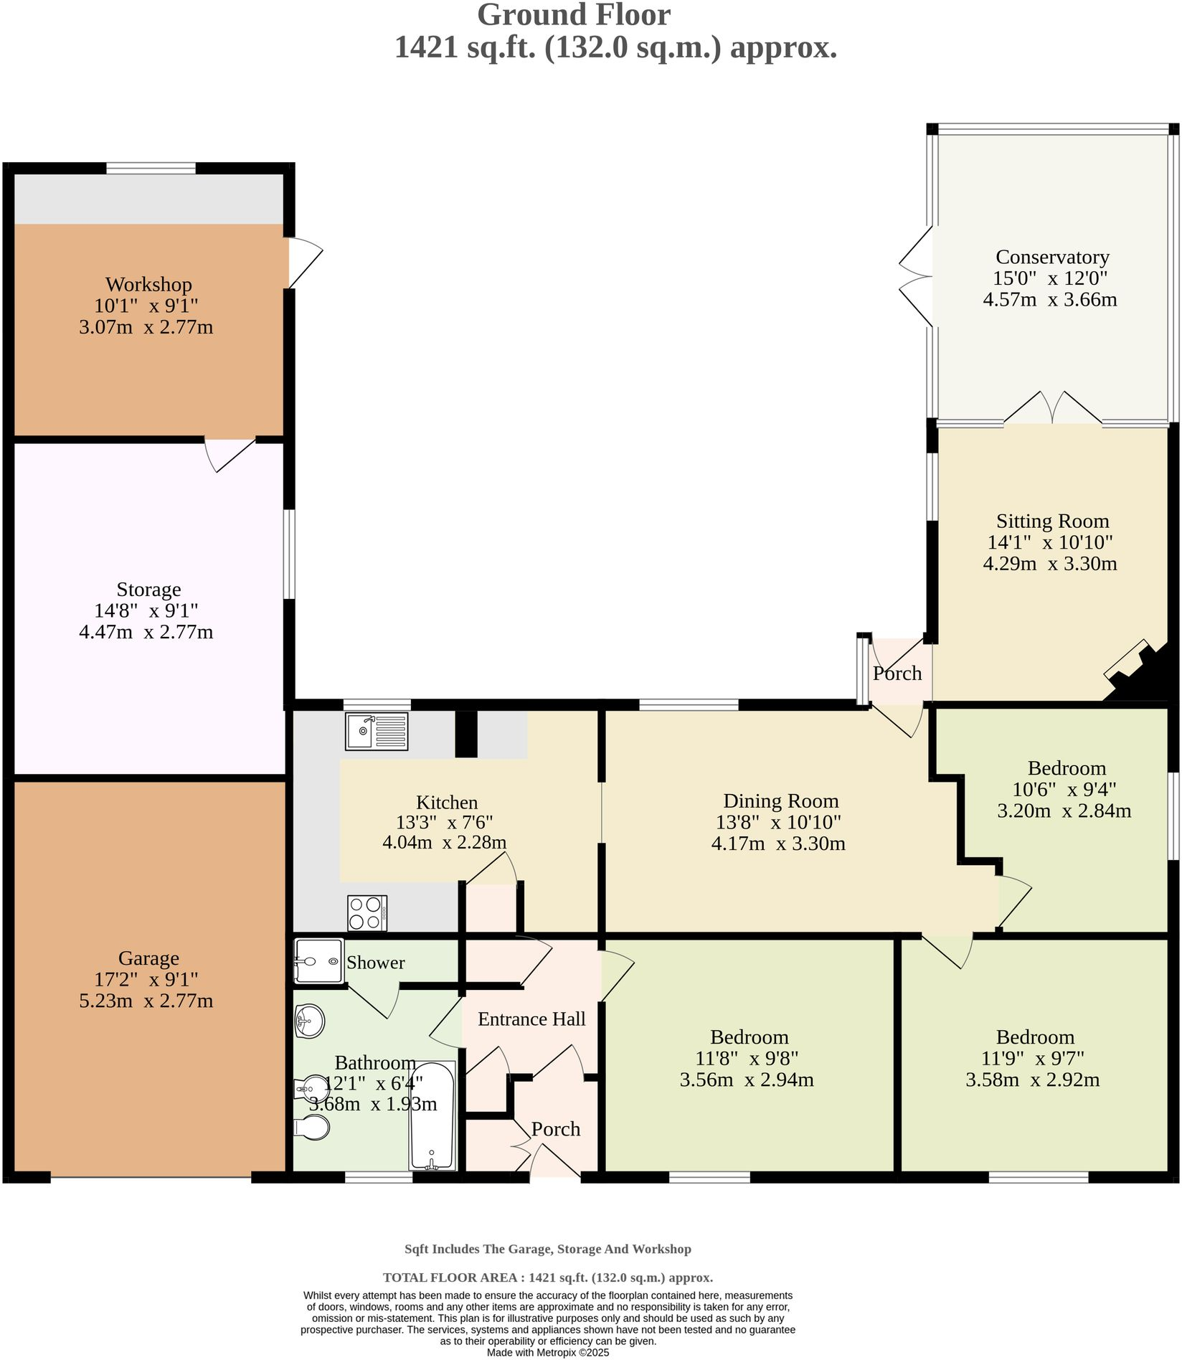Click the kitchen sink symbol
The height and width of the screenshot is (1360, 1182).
[x=377, y=731]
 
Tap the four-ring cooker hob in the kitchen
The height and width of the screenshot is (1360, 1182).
[x=367, y=913]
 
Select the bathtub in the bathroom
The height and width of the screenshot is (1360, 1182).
[x=432, y=1115]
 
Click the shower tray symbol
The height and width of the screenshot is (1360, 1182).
[x=318, y=961]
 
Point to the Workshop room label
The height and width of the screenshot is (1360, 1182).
[x=148, y=285]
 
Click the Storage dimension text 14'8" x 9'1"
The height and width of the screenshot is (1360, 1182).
[x=146, y=611]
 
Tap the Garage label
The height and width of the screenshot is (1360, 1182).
[x=148, y=958]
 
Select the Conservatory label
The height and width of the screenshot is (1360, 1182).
[x=1051, y=257]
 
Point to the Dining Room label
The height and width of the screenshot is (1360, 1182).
[x=780, y=801]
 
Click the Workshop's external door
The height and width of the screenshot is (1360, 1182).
[x=304, y=262]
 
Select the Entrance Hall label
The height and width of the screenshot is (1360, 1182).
[x=531, y=1019]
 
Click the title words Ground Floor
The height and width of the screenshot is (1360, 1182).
[x=573, y=15]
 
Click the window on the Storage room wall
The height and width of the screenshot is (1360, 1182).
[x=288, y=554]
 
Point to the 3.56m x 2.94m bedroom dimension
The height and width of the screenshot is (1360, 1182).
[x=746, y=1080]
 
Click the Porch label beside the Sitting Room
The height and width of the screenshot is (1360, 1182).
[x=897, y=674]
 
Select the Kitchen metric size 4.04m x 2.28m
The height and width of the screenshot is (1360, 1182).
[x=444, y=842]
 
